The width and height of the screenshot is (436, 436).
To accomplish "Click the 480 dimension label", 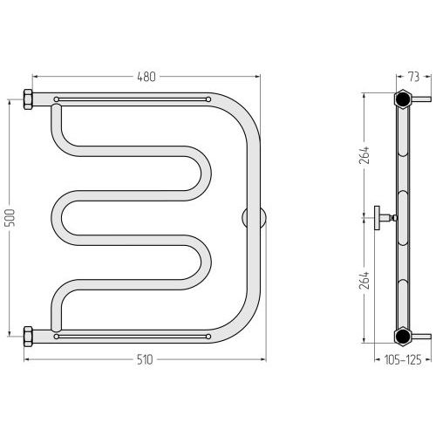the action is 146,77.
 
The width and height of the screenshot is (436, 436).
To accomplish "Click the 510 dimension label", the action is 145,360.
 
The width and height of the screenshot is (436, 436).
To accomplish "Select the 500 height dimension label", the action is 10,218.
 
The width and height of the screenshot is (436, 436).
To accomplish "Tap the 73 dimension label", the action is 414,77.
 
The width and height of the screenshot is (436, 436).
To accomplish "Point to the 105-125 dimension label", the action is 403,360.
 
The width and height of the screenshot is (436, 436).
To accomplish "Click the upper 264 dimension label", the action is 364,155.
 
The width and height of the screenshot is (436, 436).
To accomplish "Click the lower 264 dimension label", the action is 364,280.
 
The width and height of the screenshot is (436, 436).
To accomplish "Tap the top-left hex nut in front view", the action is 28,99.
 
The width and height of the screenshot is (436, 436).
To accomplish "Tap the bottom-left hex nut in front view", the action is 28,337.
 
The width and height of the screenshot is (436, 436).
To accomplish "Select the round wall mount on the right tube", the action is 254,218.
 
